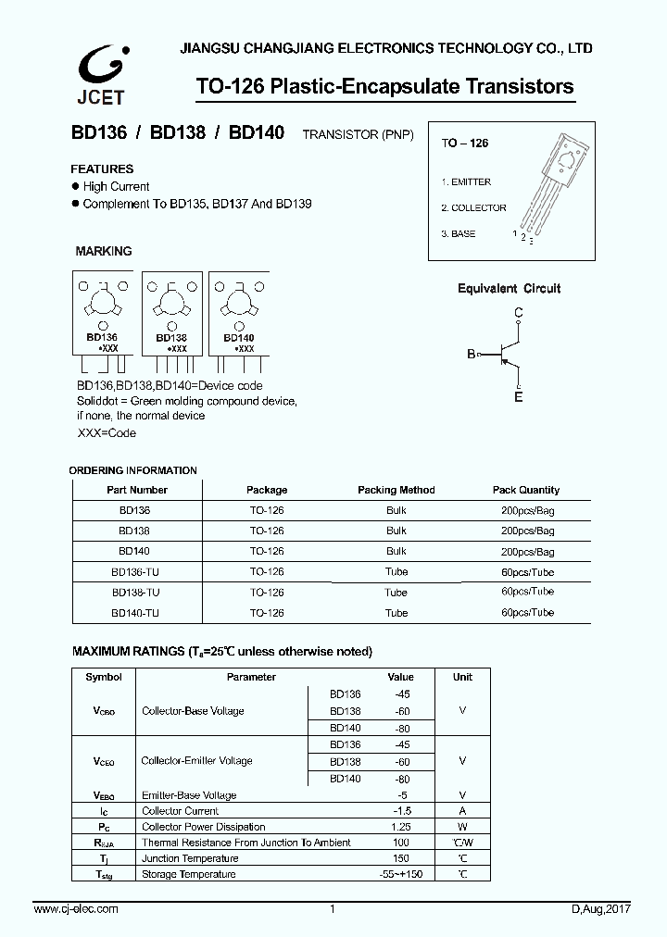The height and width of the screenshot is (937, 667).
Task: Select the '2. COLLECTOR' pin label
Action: (x=473, y=208)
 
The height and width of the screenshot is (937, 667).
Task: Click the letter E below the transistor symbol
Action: (x=519, y=397)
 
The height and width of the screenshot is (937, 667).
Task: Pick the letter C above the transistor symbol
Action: (x=519, y=313)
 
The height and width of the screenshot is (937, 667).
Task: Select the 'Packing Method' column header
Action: (x=396, y=490)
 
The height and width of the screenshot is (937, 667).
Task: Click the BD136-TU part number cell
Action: (x=136, y=572)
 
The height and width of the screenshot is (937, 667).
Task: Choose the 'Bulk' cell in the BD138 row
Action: (x=396, y=531)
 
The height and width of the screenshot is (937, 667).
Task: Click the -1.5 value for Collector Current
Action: (x=400, y=811)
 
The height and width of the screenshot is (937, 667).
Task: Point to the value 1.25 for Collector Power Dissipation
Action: (x=400, y=827)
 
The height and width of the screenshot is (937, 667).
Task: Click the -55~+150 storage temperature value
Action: (x=400, y=874)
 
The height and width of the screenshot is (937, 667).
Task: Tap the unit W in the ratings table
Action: (x=462, y=827)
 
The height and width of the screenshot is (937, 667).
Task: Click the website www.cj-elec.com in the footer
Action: (x=76, y=909)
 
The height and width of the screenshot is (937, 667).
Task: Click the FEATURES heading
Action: (x=103, y=169)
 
